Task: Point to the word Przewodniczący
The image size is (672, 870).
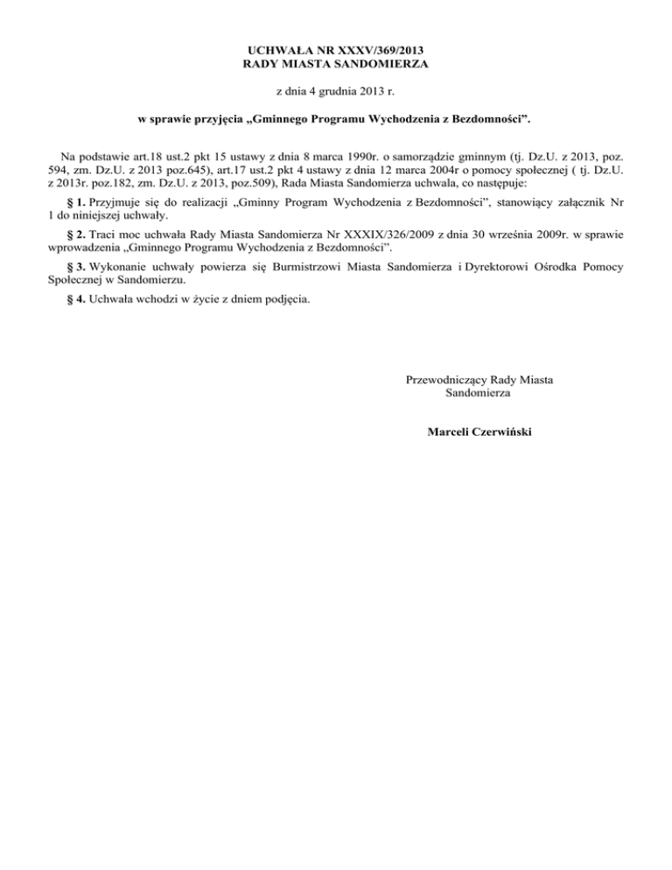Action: click(447, 380)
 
